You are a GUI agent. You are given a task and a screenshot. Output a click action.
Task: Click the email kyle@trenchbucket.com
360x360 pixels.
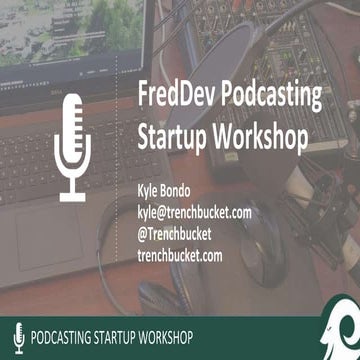click(193, 211)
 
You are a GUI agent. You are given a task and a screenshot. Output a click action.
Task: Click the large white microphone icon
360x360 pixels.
click(73, 146)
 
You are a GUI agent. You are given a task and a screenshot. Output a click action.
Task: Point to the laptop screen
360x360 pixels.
click(60, 30)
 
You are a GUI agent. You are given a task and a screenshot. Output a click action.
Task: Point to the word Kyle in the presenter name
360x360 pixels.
click(145, 191)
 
